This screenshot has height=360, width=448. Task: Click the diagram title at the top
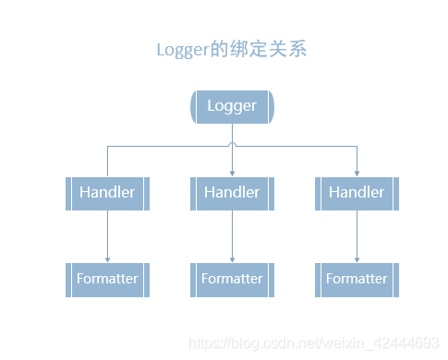[231, 49]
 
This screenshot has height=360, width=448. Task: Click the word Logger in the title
[182, 50]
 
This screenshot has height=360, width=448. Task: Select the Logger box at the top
[232, 106]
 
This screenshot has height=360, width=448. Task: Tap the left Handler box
[107, 193]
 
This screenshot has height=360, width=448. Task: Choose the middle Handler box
[232, 193]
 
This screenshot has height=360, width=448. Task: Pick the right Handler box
[357, 193]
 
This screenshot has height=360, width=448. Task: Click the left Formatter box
[107, 279]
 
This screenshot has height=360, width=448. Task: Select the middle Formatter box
[232, 279]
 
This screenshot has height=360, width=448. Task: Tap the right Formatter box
[357, 279]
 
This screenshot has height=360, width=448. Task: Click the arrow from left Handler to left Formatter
[107, 235]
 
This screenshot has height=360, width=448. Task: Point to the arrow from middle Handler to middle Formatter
[232, 235]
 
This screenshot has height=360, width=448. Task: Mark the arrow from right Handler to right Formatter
[357, 235]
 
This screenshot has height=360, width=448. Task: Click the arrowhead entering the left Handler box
[107, 173]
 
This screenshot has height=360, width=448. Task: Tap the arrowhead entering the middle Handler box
[232, 173]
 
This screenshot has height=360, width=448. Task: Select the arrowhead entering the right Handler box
[357, 173]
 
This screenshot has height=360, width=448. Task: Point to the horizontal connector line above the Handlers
[166, 146]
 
